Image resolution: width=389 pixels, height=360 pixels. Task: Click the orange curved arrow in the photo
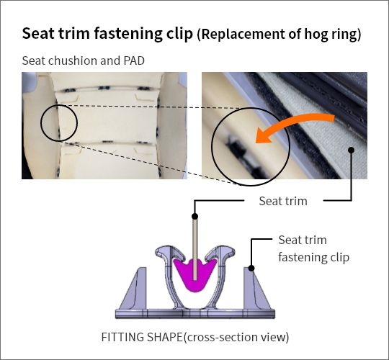pyautogui.click(x=292, y=122)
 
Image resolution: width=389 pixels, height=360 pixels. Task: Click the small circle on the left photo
pyautogui.click(x=41, y=123)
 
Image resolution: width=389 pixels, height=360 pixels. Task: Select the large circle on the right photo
pyautogui.click(x=212, y=146)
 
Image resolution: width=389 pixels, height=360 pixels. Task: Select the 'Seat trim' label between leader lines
pyautogui.click(x=283, y=201)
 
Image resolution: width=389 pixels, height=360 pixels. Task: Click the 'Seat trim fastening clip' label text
pyautogui.click(x=313, y=248)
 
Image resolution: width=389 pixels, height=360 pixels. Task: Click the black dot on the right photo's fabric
pyautogui.click(x=351, y=150)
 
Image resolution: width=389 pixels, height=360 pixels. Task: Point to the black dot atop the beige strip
pyautogui.click(x=195, y=216)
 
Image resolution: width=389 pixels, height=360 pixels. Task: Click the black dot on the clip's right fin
pyautogui.click(x=251, y=268)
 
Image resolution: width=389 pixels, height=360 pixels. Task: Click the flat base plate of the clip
pyautogui.click(x=195, y=313)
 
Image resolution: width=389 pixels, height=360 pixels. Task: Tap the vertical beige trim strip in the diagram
pyautogui.click(x=195, y=249)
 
